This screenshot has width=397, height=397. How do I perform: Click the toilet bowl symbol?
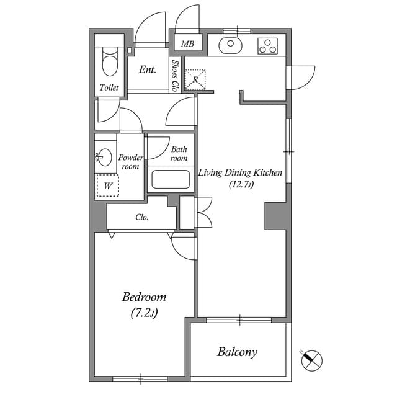[110, 62]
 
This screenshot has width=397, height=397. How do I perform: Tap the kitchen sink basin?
[230, 45]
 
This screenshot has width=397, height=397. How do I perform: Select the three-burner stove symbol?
[267, 46]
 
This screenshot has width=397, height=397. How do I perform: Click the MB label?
[187, 44]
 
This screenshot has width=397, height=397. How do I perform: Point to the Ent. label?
[148, 69]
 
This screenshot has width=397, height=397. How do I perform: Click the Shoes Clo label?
[175, 76]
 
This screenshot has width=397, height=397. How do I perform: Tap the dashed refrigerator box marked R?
[195, 79]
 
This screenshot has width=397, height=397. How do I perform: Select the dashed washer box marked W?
[108, 185]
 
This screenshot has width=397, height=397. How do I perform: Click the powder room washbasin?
[105, 157]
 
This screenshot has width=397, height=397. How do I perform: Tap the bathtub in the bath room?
[171, 179]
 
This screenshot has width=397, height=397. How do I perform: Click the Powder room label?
[130, 162]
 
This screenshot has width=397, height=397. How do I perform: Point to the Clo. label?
[142, 217]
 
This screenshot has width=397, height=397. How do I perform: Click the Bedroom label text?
[144, 297]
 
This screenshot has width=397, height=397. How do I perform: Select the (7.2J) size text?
[144, 313]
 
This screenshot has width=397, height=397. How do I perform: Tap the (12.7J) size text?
[241, 184]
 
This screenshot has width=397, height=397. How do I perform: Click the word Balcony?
[237, 352]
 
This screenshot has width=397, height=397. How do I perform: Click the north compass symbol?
[311, 360]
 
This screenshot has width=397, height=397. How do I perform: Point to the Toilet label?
[109, 87]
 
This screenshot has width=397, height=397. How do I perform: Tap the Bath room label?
[179, 154]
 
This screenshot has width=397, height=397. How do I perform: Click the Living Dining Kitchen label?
[240, 173]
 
